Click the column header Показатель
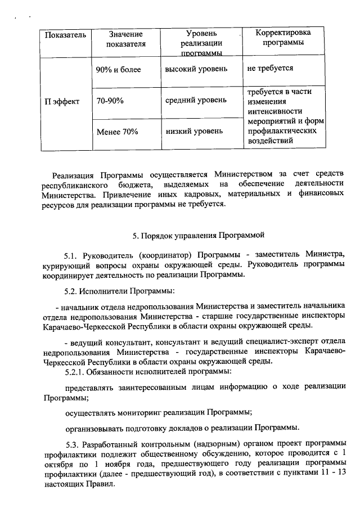(x=65, y=35)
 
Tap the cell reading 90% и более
(x=118, y=70)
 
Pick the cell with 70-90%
(x=110, y=101)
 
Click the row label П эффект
(x=62, y=101)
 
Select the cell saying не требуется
(x=270, y=69)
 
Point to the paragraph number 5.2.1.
(x=75, y=372)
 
